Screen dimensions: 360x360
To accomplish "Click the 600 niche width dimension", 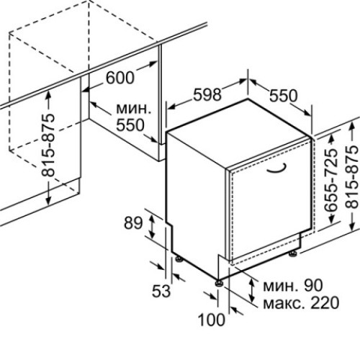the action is click(120, 77).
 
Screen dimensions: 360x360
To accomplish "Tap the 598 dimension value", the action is click(207, 94).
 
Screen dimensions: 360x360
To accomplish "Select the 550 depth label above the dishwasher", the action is click(283, 96).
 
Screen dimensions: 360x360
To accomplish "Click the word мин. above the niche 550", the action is click(134, 109).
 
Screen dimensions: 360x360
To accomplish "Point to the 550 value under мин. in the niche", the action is click(130, 125).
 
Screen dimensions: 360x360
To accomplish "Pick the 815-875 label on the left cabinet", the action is click(48, 145).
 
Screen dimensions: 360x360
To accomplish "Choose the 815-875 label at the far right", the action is click(353, 176).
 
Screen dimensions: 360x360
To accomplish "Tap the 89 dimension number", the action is click(133, 223).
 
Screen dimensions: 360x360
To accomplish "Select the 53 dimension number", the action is click(161, 291).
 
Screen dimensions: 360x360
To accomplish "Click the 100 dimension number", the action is click(212, 320).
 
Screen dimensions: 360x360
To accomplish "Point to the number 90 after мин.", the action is click(313, 286).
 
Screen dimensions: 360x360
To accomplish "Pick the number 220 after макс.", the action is click(325, 303).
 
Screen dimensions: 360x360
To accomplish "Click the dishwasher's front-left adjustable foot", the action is click(219, 282).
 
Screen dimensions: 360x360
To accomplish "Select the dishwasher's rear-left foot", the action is click(179, 259).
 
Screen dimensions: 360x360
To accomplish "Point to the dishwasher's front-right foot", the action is click(293, 253).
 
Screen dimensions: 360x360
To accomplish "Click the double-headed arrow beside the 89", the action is click(152, 227).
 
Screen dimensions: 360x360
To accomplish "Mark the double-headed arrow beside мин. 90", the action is click(252, 290).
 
